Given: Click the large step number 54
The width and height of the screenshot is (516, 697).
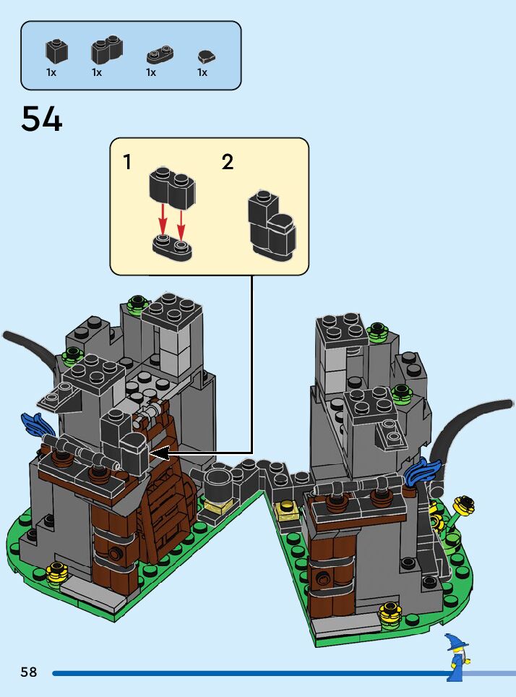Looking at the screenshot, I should pyautogui.click(x=42, y=119).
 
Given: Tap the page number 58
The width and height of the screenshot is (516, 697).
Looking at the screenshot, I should pyautogui.click(x=29, y=672).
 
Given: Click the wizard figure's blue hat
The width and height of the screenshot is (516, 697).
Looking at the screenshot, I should pyautogui.click(x=456, y=641).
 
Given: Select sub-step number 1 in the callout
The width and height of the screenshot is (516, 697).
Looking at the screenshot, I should pyautogui.click(x=128, y=162).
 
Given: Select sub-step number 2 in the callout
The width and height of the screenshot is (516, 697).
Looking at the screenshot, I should pyautogui.click(x=228, y=162).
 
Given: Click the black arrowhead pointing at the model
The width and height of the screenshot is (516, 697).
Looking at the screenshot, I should pyautogui.click(x=159, y=453).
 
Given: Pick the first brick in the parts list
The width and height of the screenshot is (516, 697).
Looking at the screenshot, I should pyautogui.click(x=56, y=50).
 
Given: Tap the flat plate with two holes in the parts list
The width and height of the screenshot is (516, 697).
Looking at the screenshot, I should pyautogui.click(x=160, y=55).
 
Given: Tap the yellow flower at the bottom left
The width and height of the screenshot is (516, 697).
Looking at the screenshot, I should pyautogui.click(x=56, y=573).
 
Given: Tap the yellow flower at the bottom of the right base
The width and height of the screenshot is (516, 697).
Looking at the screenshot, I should pyautogui.click(x=390, y=615).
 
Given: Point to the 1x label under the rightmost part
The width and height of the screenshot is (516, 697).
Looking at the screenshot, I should pyautogui.click(x=202, y=72).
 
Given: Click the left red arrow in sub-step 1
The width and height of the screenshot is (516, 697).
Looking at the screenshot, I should pyautogui.click(x=164, y=217).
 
